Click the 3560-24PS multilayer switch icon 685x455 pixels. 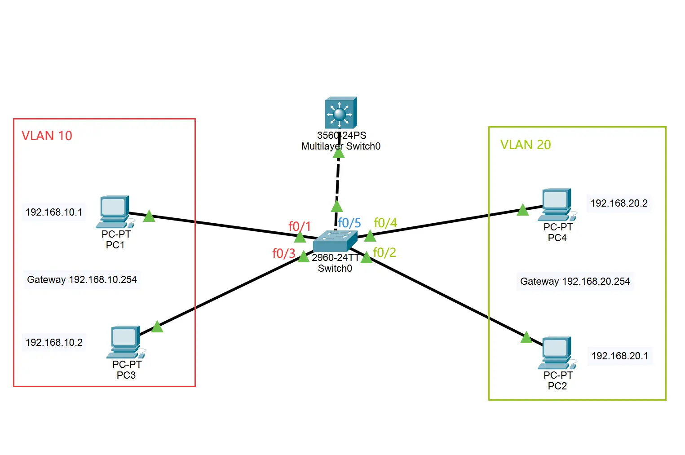coord(340,112)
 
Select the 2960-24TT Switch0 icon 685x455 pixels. coord(335,242)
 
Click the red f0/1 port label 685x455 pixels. coord(300,226)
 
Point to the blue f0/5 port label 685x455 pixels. coord(349,223)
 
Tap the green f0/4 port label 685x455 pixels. coord(385,223)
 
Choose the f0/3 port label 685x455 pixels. coord(284,253)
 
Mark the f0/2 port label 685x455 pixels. coord(384,252)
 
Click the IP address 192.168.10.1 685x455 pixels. coord(54,212)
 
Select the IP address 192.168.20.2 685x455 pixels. coord(619,203)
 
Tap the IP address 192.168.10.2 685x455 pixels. coord(54,342)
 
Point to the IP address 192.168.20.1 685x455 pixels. coord(619,356)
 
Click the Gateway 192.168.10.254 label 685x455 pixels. coord(82,279)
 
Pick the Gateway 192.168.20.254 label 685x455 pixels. coord(575,281)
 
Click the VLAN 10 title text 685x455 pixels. coord(47,136)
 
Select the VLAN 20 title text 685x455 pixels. coord(526,145)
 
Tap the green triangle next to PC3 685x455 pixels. coord(157,327)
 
